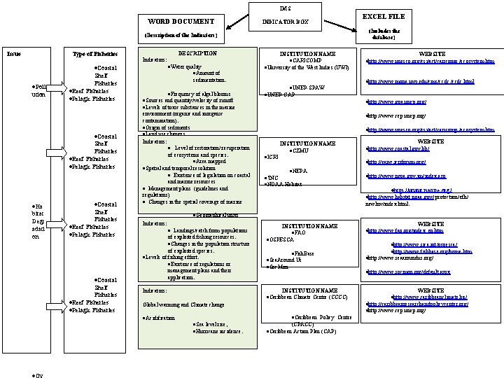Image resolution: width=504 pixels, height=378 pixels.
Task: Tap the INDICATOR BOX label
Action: [285, 22]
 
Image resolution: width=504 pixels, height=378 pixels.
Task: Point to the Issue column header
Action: [13, 54]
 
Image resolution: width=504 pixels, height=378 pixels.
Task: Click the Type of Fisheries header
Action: [95, 54]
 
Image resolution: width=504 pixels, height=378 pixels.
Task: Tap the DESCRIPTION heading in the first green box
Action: [198, 53]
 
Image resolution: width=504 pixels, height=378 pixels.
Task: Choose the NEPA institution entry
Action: [299, 171]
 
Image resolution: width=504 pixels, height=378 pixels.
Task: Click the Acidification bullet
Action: [158, 318]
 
